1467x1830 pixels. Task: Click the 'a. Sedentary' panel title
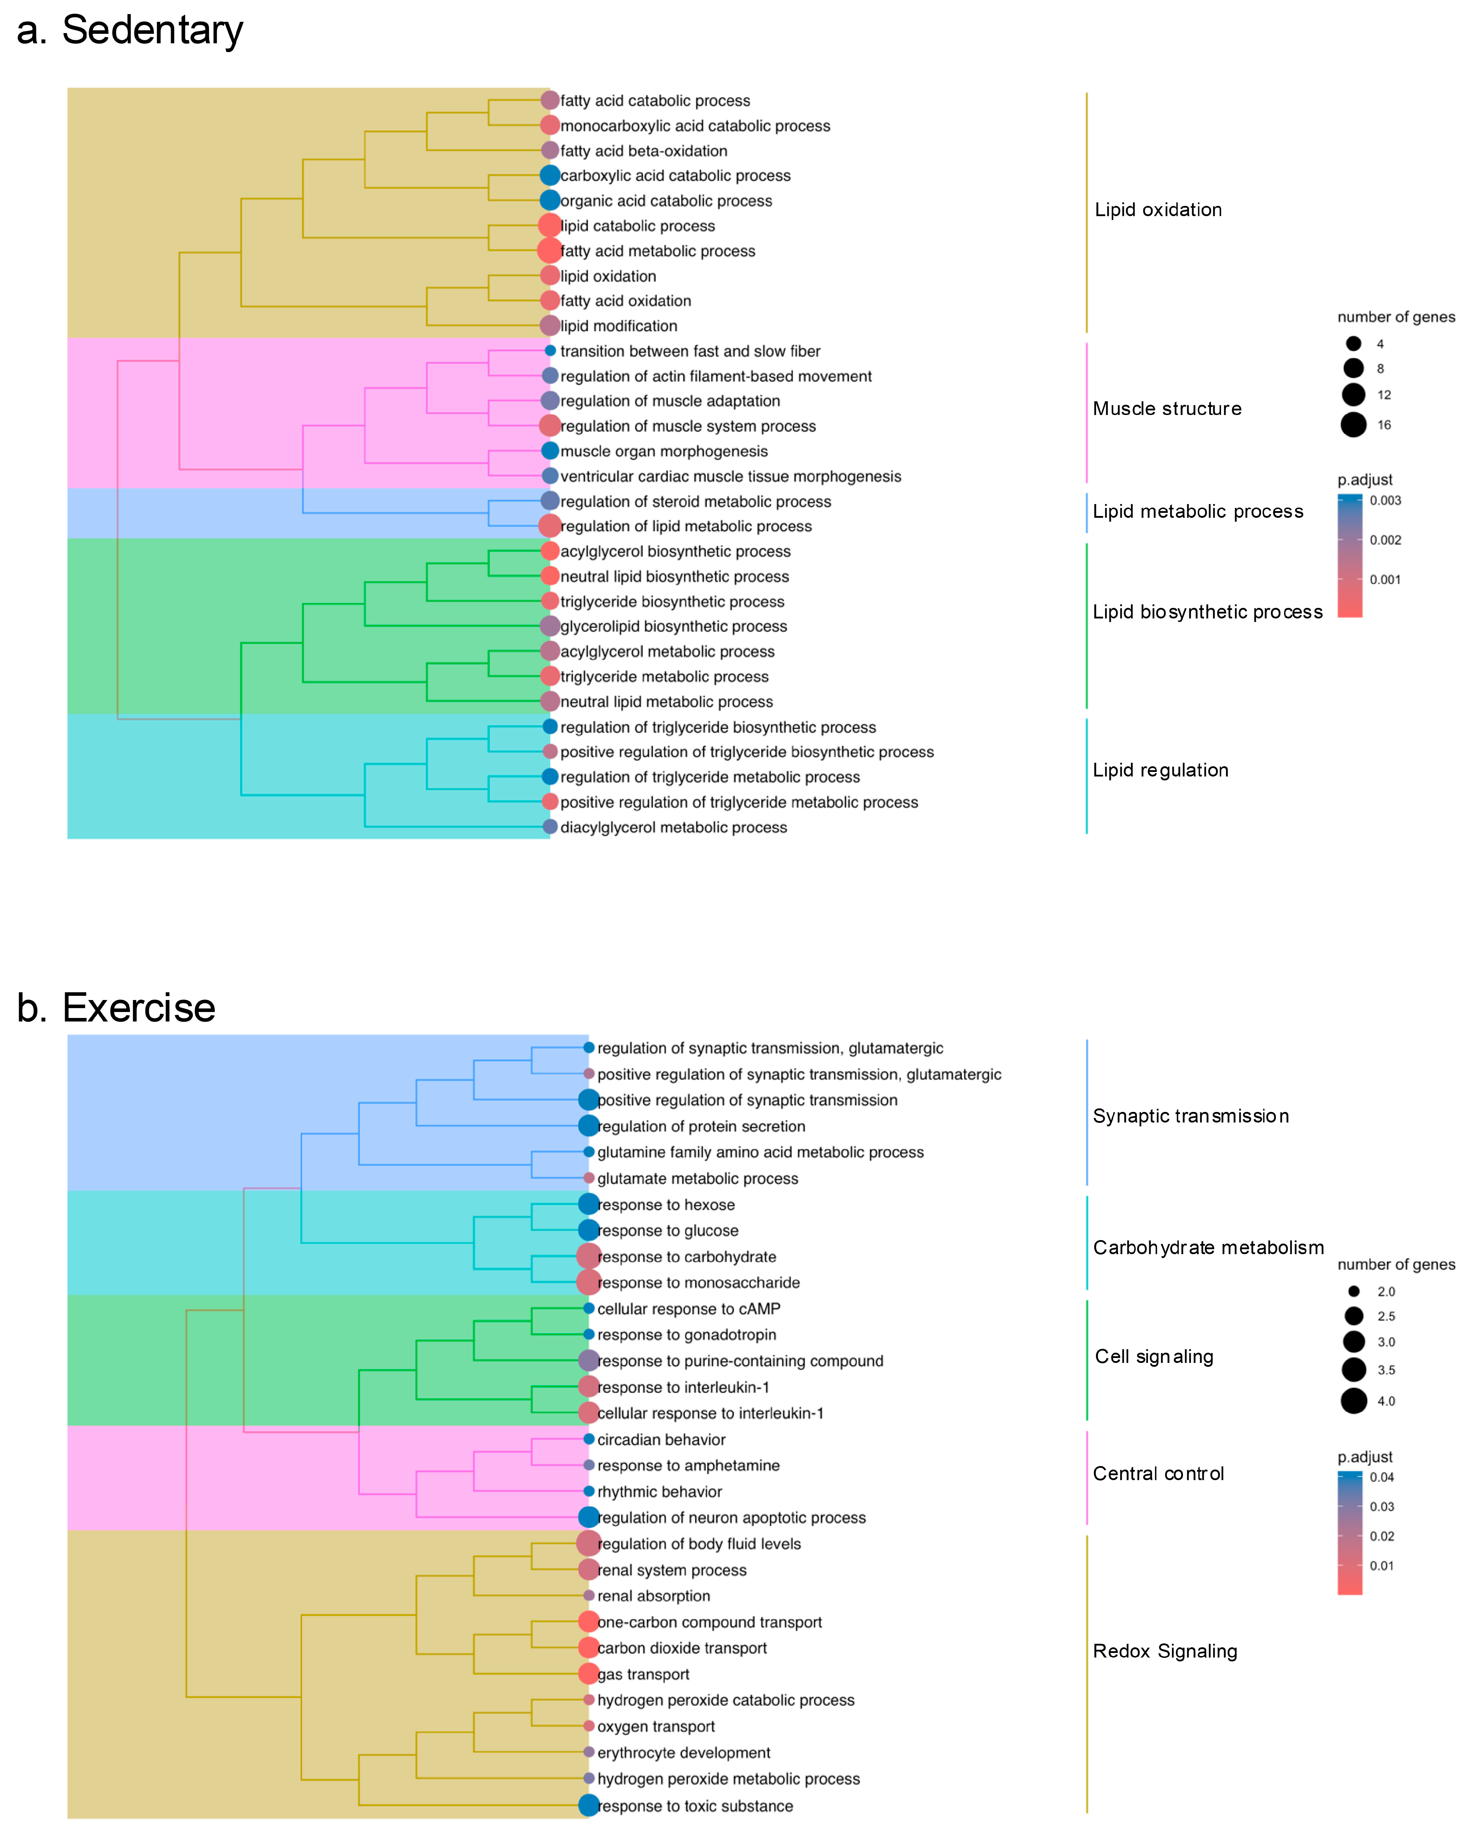pos(130,31)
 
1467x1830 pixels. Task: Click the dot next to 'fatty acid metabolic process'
pos(549,250)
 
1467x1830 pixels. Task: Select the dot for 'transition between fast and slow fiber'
pos(550,351)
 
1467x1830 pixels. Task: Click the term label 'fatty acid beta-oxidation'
pos(643,151)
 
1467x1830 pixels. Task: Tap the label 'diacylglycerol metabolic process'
pos(673,828)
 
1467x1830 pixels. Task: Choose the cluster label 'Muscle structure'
pos(1166,409)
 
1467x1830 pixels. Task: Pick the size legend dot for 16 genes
pos(1353,425)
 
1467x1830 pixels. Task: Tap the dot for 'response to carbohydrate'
pos(588,1256)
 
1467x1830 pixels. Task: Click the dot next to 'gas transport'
pos(588,1674)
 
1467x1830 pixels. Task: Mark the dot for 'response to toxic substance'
pos(588,1805)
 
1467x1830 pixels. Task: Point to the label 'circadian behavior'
pos(661,1440)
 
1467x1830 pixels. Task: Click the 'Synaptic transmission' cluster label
pos(1190,1116)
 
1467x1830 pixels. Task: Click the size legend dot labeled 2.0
pos(1353,1291)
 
